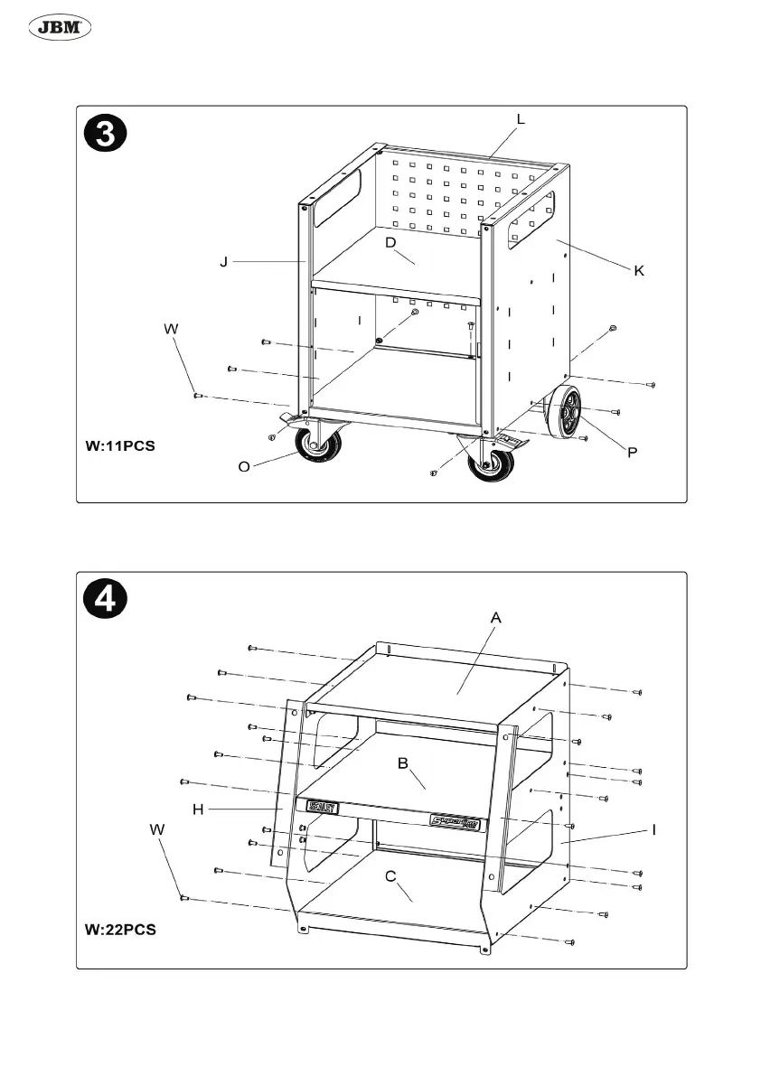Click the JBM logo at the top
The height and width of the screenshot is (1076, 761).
click(62, 28)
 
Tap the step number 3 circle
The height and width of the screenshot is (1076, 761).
click(106, 136)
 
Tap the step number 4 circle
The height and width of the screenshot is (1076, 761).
click(106, 601)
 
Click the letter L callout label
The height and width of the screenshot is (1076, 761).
click(521, 119)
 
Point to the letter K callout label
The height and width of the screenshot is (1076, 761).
click(638, 271)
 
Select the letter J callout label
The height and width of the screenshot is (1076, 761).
click(222, 262)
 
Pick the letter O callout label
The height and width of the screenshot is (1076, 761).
click(244, 467)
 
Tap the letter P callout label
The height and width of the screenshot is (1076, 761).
click(633, 452)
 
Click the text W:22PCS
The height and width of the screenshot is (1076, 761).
click(119, 929)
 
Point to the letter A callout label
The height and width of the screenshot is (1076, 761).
click(495, 618)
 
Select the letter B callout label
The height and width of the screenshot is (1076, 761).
click(405, 763)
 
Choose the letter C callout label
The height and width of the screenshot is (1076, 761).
click(390, 875)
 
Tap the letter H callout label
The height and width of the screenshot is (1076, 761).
click(198, 809)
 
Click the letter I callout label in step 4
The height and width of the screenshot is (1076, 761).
click(653, 828)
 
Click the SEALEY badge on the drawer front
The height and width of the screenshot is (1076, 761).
click(323, 807)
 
